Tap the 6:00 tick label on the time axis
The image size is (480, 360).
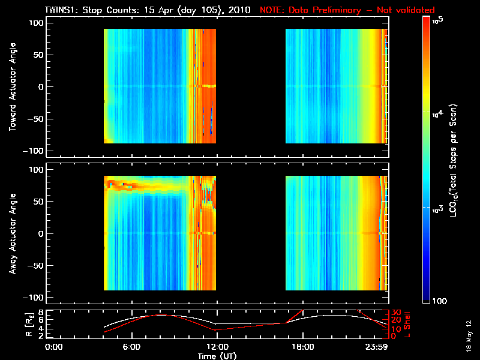132,346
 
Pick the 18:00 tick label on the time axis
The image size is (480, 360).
302,346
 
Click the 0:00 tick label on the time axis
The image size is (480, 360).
54,346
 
